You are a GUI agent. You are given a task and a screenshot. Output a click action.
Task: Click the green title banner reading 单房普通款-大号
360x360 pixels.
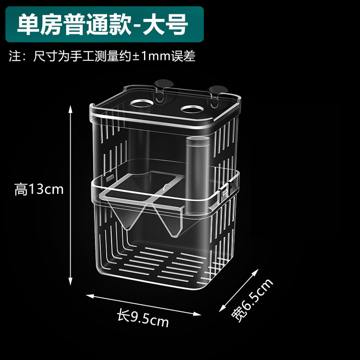103,25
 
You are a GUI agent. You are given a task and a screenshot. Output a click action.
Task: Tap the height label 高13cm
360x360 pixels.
39,189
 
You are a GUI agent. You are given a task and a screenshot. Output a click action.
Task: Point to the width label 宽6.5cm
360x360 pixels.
252,300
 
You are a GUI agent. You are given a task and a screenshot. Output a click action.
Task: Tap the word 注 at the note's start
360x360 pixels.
15,57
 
